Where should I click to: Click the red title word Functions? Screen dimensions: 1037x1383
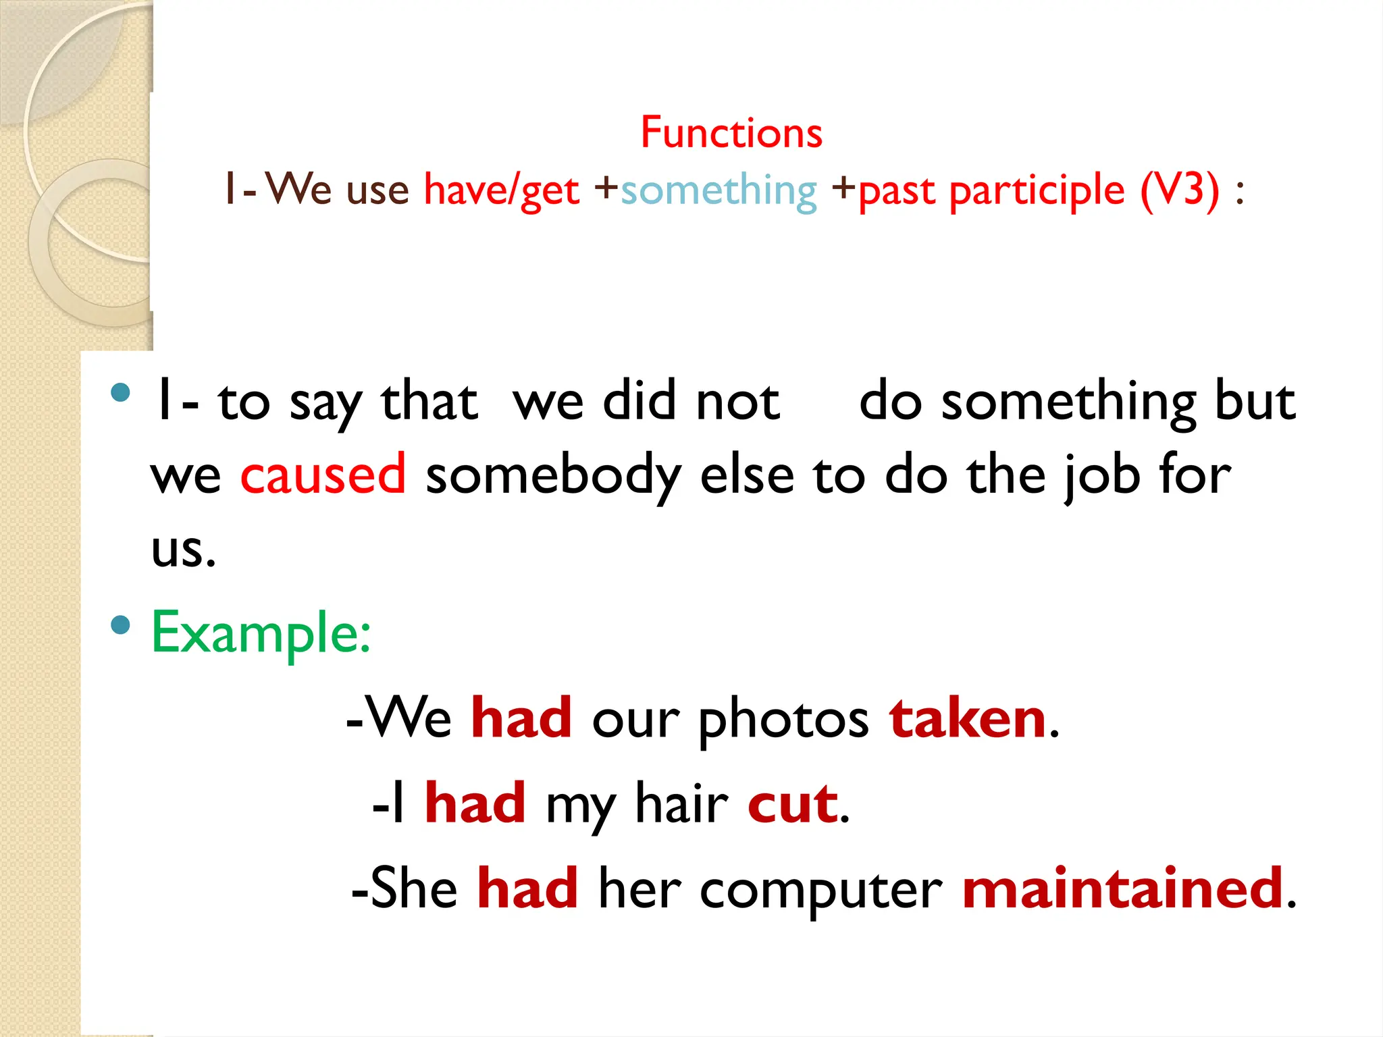[x=731, y=132]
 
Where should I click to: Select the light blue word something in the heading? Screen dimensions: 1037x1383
[x=719, y=191]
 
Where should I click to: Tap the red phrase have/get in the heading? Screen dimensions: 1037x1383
[x=501, y=191]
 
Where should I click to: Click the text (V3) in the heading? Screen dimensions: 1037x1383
[x=1180, y=190]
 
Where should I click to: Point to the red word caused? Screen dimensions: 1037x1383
[x=323, y=475]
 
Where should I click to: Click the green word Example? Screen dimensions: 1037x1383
[x=261, y=633]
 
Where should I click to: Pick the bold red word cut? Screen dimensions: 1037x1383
[x=793, y=803]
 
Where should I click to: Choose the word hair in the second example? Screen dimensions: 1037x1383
[x=681, y=803]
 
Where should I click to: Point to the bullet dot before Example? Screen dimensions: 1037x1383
[x=120, y=624]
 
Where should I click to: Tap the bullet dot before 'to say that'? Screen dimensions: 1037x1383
[x=120, y=393]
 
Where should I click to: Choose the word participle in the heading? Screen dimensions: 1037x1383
[x=1037, y=191]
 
